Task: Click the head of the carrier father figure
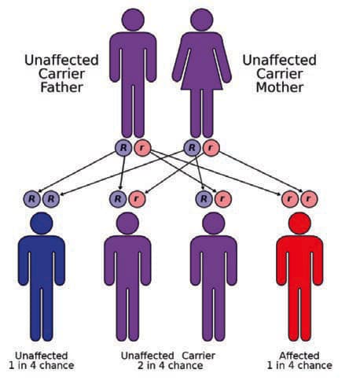pos(133,20)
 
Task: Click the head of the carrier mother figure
pos(202,20)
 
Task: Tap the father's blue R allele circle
pos(123,148)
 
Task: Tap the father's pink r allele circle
pos(142,148)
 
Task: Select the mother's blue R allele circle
pos(192,148)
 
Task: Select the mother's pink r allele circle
pos(211,148)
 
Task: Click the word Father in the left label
pos(62,87)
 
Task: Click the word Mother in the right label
pos(280,87)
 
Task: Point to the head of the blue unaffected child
pos(42,223)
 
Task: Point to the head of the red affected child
pos(299,223)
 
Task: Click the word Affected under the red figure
pos(299,356)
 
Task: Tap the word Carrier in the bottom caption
pos(198,356)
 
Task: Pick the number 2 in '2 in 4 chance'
pos(141,366)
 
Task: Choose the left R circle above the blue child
pos(31,199)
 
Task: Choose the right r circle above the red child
pos(309,199)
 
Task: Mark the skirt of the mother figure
pos(202,79)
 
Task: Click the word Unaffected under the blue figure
pos(42,356)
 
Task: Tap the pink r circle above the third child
pos(223,199)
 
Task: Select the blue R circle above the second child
pos(118,199)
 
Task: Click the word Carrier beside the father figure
pos(61,74)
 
